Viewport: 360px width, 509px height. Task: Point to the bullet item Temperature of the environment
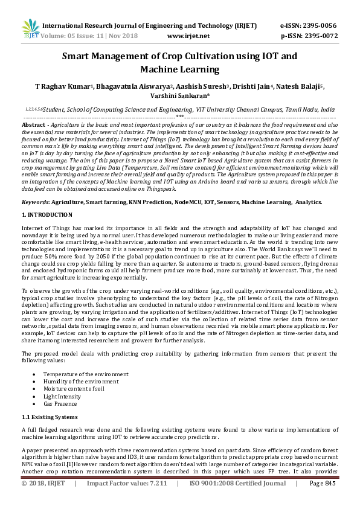coord(86,374)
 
